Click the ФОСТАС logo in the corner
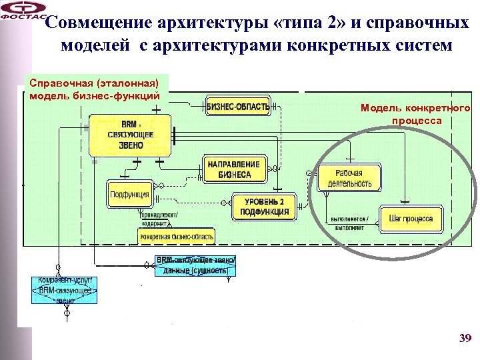pyautogui.click(x=23, y=11)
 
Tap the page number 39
pyautogui.click(x=465, y=339)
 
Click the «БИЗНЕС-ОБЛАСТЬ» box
pyautogui.click(x=238, y=106)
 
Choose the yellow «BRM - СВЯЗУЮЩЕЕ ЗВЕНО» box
pyautogui.click(x=130, y=135)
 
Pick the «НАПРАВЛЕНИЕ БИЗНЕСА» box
pyautogui.click(x=234, y=169)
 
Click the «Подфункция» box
pyautogui.click(x=129, y=194)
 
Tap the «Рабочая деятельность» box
pyautogui.click(x=349, y=178)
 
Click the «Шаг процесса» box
pyautogui.click(x=411, y=219)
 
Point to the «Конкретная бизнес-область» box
pyautogui.click(x=177, y=237)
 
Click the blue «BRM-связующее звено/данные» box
pyautogui.click(x=194, y=265)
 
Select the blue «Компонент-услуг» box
pyautogui.click(x=65, y=291)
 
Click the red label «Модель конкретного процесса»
pyautogui.click(x=415, y=114)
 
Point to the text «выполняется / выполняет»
pyautogui.click(x=353, y=223)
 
